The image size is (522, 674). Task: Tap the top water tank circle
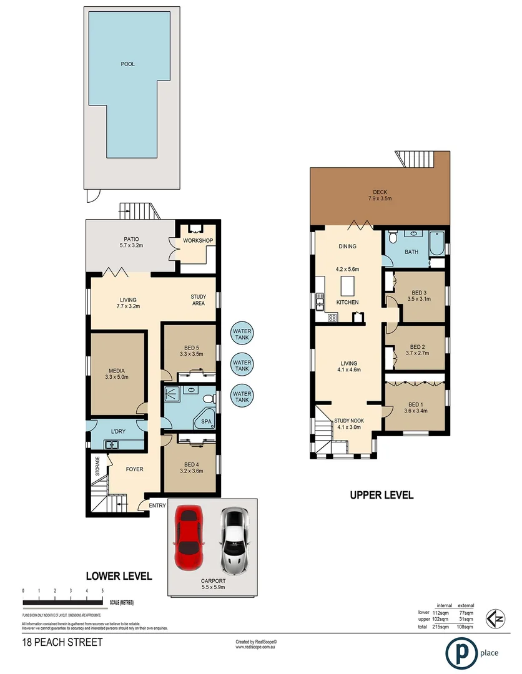pyautogui.click(x=242, y=334)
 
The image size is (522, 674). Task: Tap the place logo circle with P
pyautogui.click(x=461, y=653)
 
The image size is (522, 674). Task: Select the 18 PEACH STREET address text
pyautogui.click(x=62, y=642)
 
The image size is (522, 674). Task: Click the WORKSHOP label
pyautogui.click(x=199, y=241)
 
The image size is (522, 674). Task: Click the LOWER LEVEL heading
pyautogui.click(x=119, y=576)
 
